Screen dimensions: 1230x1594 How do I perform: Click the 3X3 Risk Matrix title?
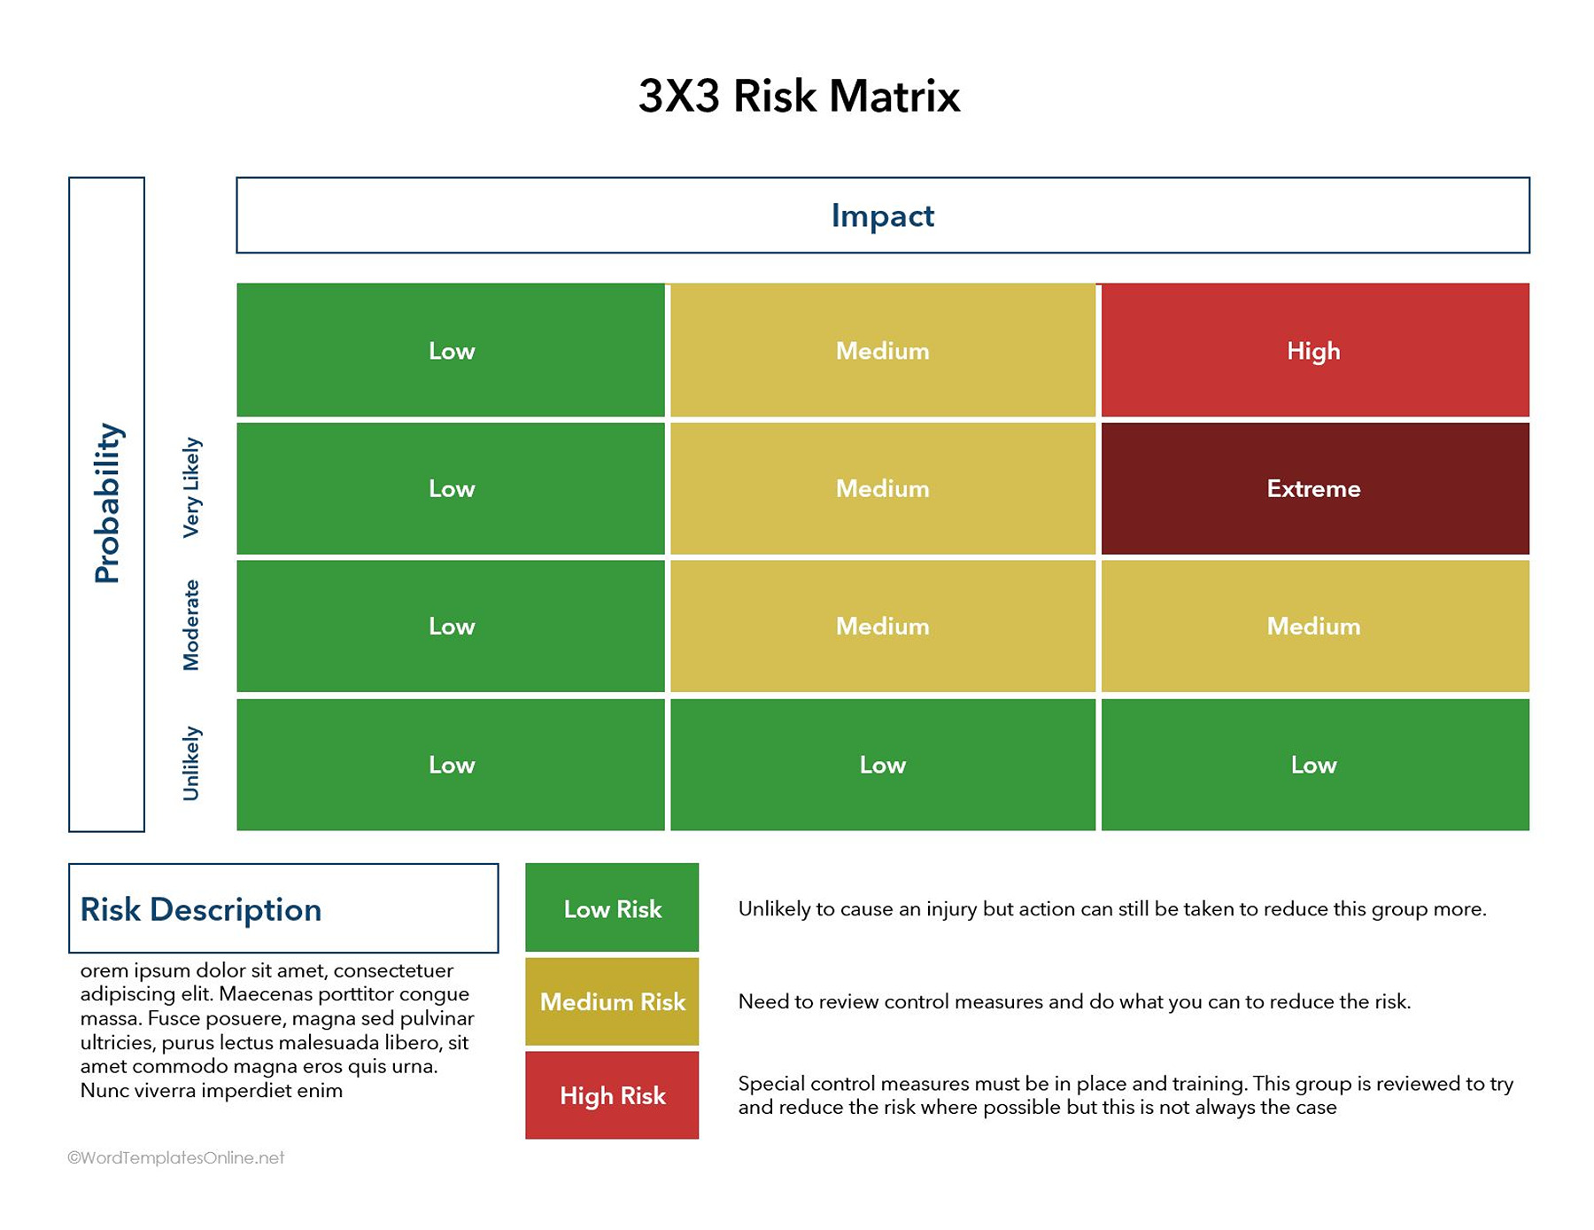tap(799, 96)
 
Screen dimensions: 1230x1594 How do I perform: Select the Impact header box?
tap(882, 215)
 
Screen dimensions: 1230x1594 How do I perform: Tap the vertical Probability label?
tap(107, 503)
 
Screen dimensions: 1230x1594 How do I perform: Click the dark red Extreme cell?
tap(1314, 488)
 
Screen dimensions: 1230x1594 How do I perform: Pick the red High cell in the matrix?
tap(1314, 350)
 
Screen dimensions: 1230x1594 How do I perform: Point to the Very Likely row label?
tap(191, 487)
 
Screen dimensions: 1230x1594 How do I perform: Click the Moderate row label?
tap(191, 625)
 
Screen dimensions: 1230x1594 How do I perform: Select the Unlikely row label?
tap(191, 763)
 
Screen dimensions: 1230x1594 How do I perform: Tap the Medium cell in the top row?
tap(882, 350)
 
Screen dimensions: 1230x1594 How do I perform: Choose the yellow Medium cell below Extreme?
tap(1314, 626)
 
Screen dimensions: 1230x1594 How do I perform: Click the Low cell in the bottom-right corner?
tap(1314, 764)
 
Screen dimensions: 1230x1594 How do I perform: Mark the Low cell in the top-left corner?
tap(451, 350)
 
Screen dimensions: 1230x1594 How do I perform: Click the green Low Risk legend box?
tap(612, 908)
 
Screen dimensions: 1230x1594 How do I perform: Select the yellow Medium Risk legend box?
tap(612, 1001)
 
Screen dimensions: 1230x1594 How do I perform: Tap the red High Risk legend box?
tap(612, 1095)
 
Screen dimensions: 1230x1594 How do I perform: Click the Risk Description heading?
tap(201, 909)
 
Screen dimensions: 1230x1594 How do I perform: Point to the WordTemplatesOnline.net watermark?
tap(176, 1157)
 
